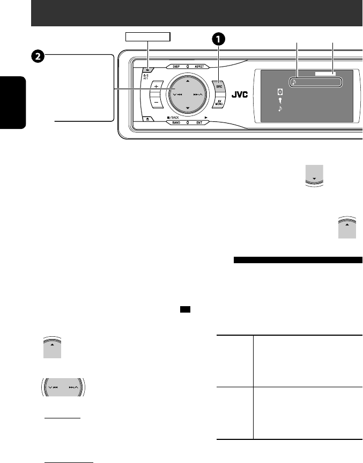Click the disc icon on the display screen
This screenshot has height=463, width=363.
279,92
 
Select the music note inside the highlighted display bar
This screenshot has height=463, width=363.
294,83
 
